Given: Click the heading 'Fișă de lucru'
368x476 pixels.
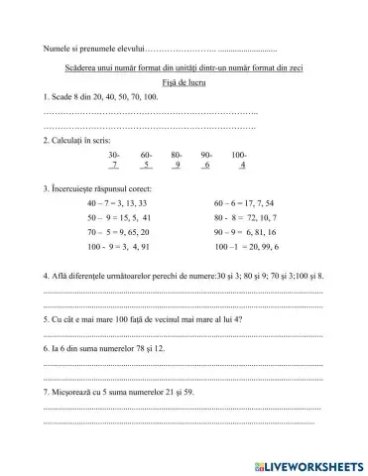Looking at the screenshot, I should [x=184, y=83].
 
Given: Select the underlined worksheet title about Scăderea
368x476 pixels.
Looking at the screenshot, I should [x=184, y=67].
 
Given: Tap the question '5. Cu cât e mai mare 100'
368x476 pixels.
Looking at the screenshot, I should [x=144, y=320].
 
